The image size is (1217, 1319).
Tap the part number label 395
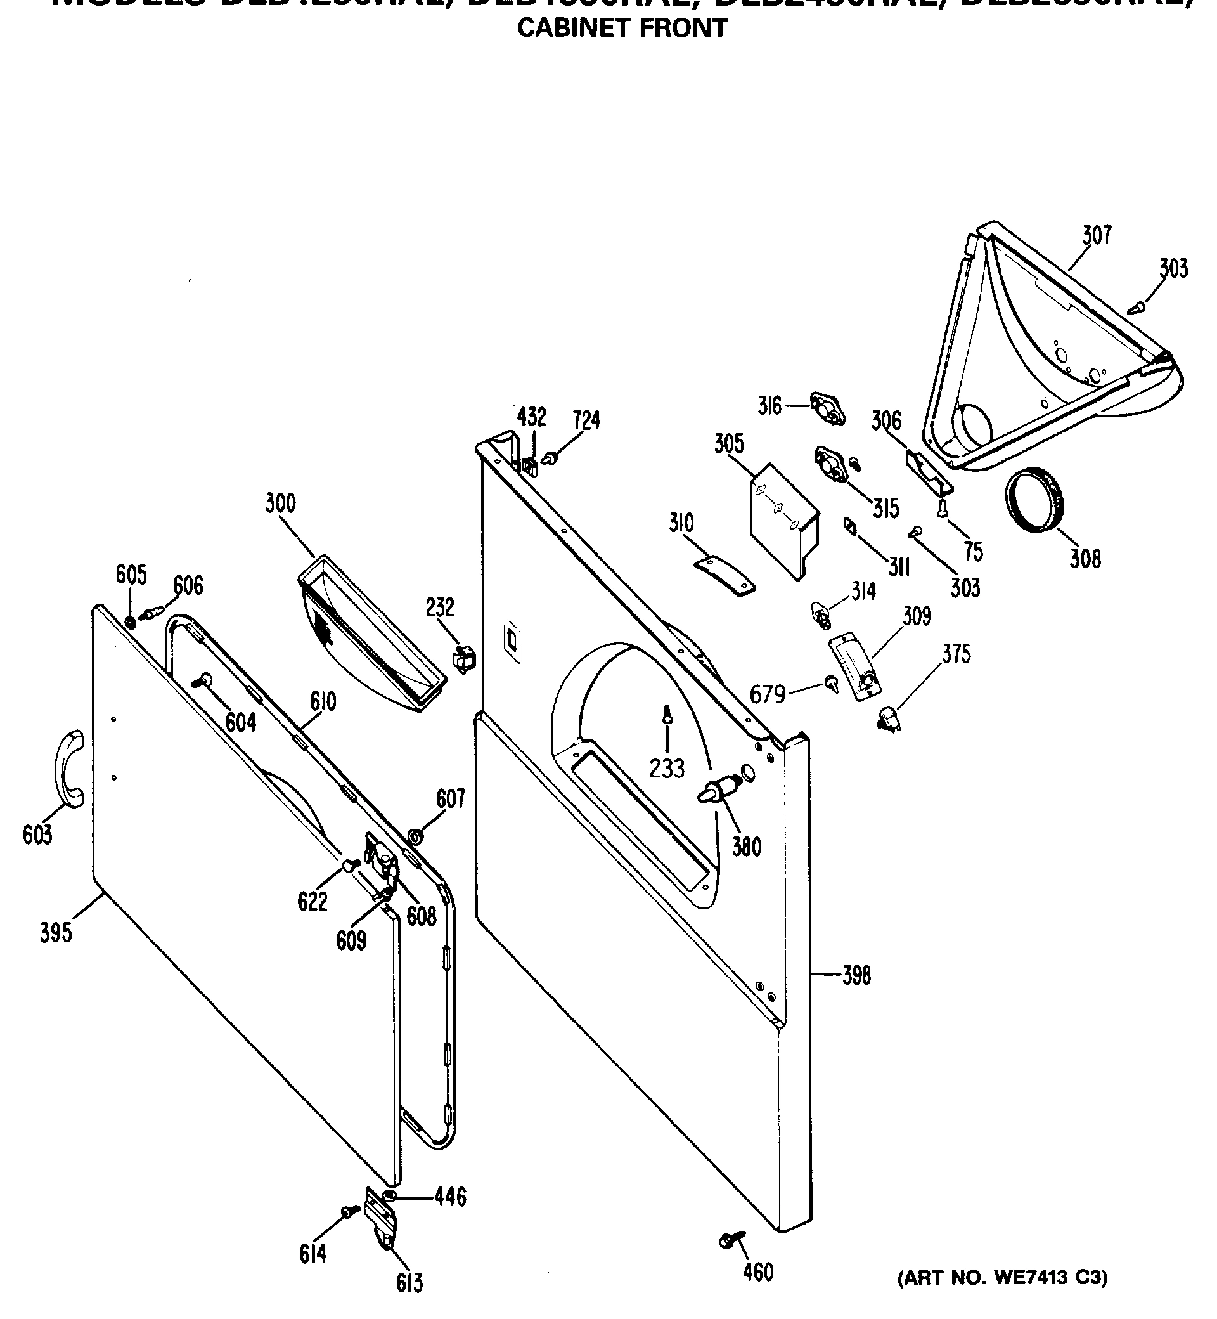56,932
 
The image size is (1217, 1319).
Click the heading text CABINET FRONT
622,29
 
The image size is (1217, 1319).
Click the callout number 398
856,975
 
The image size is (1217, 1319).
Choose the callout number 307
1097,235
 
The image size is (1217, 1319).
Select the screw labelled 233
667,715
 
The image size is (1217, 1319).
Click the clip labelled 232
464,657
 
